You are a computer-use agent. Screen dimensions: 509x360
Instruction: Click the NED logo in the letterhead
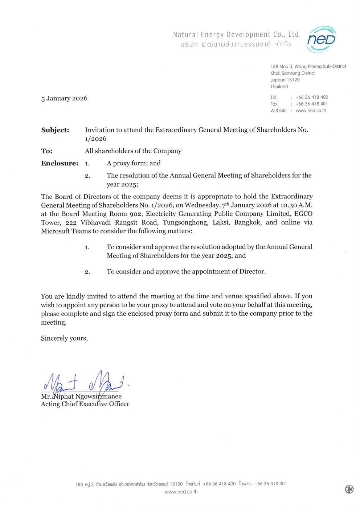(x=322, y=40)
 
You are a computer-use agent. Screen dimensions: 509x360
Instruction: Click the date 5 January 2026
(x=64, y=98)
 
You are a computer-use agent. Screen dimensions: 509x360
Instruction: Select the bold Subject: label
(x=55, y=130)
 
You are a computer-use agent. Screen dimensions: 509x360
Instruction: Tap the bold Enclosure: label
(x=60, y=163)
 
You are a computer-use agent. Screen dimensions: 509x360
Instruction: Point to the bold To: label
(x=47, y=151)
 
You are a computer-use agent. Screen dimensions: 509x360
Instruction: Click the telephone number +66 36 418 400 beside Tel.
(x=312, y=97)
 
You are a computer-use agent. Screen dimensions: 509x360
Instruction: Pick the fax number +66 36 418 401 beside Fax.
(x=312, y=104)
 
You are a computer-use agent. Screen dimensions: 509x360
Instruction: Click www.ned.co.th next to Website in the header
(x=311, y=111)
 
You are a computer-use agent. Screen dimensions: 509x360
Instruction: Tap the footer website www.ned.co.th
(x=181, y=492)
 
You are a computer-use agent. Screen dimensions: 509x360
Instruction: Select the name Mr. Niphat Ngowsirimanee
(x=81, y=397)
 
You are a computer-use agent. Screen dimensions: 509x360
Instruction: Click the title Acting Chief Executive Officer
(x=85, y=404)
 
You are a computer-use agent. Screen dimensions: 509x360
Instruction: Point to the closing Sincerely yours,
(x=64, y=338)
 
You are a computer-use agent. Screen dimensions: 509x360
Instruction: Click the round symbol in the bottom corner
(x=349, y=489)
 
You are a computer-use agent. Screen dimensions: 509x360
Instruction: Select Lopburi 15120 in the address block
(x=285, y=80)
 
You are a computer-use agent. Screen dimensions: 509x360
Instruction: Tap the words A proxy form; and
(x=134, y=163)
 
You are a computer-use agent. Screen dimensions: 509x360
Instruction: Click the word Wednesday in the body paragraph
(x=202, y=205)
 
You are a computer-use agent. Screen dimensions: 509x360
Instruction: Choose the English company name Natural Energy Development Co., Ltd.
(x=236, y=35)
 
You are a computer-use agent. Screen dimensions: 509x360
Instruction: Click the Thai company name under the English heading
(x=236, y=45)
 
